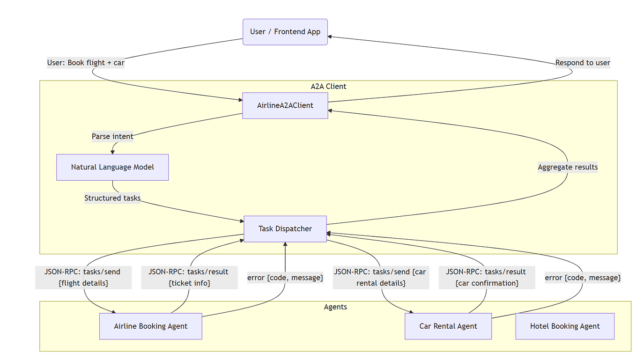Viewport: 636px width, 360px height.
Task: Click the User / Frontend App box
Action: [x=285, y=32]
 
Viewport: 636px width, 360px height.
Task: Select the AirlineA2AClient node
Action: [x=285, y=105]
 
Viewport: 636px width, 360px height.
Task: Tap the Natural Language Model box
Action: [x=112, y=167]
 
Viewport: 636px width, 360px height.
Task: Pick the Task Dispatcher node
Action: [x=285, y=229]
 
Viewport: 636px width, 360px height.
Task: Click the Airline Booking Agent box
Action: [x=150, y=326]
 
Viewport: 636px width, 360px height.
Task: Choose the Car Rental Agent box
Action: [x=448, y=326]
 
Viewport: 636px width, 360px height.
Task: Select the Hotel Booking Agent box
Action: [x=564, y=326]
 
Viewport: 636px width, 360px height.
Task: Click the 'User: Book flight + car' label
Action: [x=86, y=63]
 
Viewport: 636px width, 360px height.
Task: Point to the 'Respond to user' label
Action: [x=583, y=63]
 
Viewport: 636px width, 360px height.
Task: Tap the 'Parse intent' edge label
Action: [x=112, y=137]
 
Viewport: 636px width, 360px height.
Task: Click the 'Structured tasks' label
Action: [x=112, y=198]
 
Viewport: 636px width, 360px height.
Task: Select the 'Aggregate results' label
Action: [x=568, y=167]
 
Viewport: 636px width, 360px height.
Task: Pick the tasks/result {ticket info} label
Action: [x=189, y=277]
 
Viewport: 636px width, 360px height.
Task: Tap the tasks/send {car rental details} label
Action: [x=380, y=277]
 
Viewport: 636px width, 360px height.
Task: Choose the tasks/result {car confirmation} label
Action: [x=486, y=277]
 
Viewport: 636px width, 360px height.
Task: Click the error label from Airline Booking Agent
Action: [x=285, y=278]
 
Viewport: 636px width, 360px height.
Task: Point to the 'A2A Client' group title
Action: [x=328, y=87]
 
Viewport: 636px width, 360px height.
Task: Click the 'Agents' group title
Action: [x=335, y=307]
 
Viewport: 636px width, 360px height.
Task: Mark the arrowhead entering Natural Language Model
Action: [x=113, y=152]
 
